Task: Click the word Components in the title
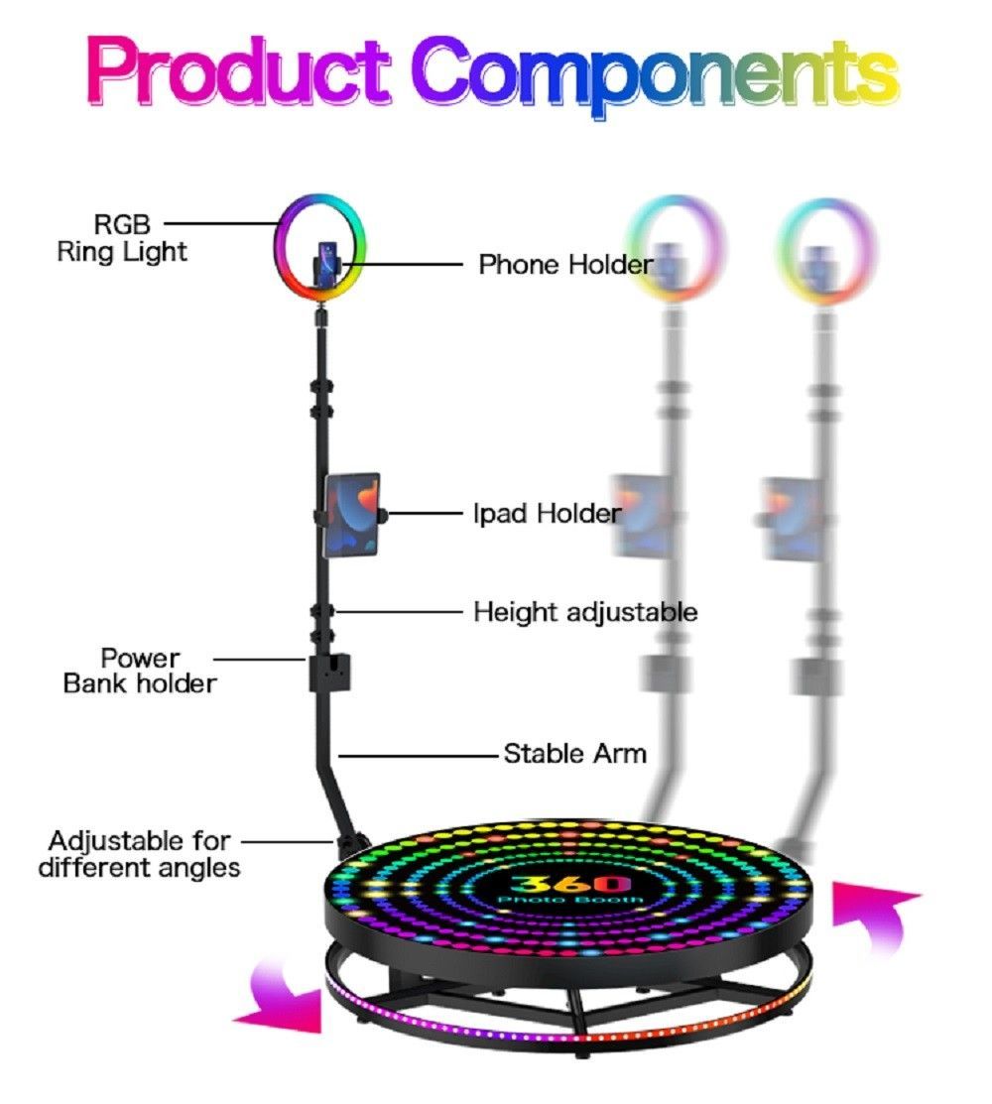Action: tap(655, 71)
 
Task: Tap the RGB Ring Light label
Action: tap(121, 238)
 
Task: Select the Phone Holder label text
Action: tap(565, 265)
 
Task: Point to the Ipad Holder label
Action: tap(547, 513)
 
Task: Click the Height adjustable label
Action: tap(585, 612)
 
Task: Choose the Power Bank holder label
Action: tap(139, 671)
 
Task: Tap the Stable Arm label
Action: tap(575, 754)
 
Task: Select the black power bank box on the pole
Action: tap(329, 674)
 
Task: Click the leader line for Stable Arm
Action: tap(422, 755)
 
